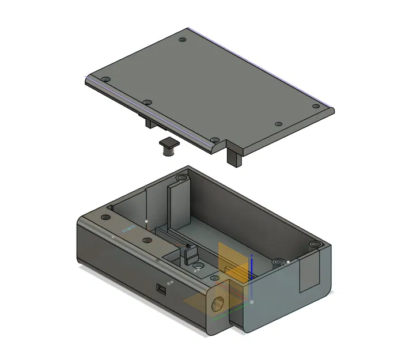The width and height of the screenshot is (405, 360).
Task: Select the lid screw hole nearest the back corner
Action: [183, 40]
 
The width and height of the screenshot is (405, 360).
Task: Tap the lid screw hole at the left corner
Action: [105, 79]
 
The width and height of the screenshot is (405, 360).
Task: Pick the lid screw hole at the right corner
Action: [315, 106]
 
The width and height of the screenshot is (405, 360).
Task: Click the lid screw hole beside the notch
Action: [214, 140]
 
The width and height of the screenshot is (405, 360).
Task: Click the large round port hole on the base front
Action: [219, 303]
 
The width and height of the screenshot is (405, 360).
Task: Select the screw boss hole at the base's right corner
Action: [315, 246]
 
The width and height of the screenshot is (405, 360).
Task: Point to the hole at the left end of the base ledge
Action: [105, 218]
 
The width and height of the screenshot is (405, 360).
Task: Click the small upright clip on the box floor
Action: [190, 254]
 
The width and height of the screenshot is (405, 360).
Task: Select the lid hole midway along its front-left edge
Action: [147, 103]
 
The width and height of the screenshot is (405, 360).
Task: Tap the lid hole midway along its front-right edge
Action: [278, 124]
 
